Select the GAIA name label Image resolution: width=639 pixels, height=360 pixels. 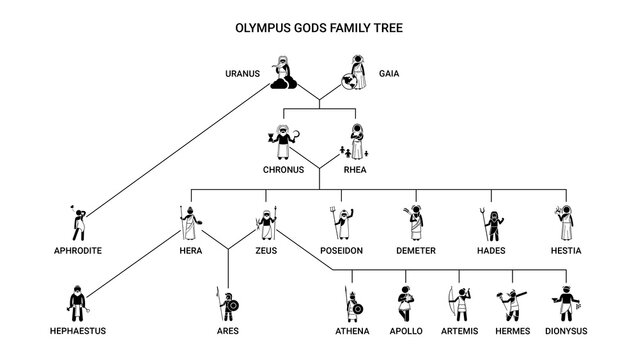point(390,74)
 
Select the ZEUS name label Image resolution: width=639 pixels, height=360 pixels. point(264,249)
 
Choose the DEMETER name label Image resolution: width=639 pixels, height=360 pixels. point(414,249)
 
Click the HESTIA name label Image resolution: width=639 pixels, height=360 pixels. point(566,249)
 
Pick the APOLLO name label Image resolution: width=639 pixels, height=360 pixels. point(407,330)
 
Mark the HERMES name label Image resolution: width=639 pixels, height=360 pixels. point(512,330)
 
